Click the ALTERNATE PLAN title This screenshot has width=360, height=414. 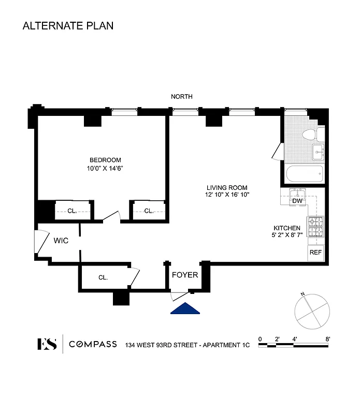pos(68,25)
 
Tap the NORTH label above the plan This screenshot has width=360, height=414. pos(182,96)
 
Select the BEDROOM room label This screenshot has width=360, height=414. pos(105,160)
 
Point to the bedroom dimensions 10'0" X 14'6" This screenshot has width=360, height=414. pos(105,168)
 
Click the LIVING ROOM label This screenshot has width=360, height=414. pos(227,188)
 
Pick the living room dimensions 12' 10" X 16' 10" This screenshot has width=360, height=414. pos(227,195)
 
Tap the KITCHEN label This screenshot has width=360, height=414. pos(287,228)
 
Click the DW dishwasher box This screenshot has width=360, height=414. pos(297,201)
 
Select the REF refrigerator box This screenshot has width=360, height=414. pos(315,253)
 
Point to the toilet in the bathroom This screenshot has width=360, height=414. pos(310,135)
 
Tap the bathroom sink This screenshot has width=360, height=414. pos(318,152)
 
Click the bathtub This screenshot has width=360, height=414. pos(304,173)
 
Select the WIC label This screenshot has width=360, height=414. pos(62,241)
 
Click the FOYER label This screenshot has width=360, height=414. pos(185,275)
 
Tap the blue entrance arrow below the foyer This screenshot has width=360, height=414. pos(185,309)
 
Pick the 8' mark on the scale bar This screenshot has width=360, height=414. pos(327,339)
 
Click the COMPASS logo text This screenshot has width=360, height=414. pos(93,344)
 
